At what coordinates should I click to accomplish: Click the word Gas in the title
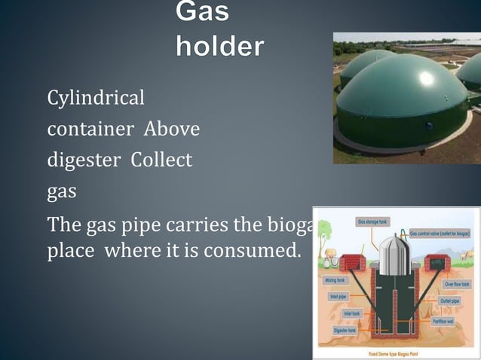coord(203,13)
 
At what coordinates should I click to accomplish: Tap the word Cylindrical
coord(96,99)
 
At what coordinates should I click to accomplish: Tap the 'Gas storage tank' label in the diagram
coord(372,222)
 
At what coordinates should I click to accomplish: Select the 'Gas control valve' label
coord(440,234)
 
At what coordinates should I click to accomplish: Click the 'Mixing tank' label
coord(335,279)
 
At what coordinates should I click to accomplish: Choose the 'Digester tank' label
coord(345,330)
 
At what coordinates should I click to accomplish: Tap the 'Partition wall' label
coord(443,321)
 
